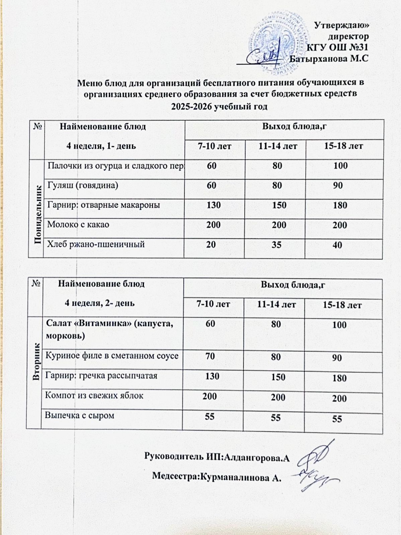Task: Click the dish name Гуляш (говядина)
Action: tap(83, 185)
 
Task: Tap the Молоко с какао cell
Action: tap(78, 224)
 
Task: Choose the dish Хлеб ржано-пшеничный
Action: tap(96, 244)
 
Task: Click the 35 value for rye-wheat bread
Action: tap(276, 244)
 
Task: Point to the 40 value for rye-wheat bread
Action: tap(338, 245)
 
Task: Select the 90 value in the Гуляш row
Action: tap(338, 185)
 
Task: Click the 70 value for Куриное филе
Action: tap(210, 356)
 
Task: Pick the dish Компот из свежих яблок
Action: tap(94, 396)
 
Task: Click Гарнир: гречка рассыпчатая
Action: tap(101, 376)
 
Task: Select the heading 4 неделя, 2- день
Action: tap(100, 303)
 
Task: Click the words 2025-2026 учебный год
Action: tap(219, 107)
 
